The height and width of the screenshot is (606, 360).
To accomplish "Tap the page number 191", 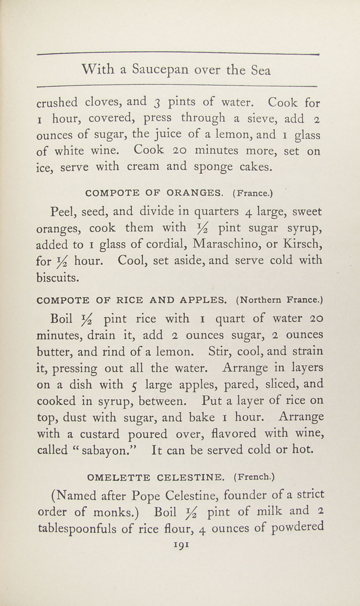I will (x=182, y=544).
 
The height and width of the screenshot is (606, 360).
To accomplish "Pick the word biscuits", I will (x=58, y=277).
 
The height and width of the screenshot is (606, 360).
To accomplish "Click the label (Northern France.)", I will (x=279, y=299).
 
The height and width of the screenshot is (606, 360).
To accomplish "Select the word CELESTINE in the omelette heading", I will (x=186, y=477).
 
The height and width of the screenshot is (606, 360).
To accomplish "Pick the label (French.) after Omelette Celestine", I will (x=254, y=477).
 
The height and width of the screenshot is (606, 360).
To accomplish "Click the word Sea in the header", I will (x=261, y=69).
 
